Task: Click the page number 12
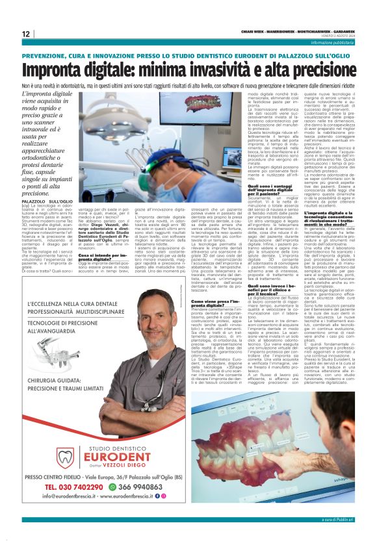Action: (25, 34)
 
